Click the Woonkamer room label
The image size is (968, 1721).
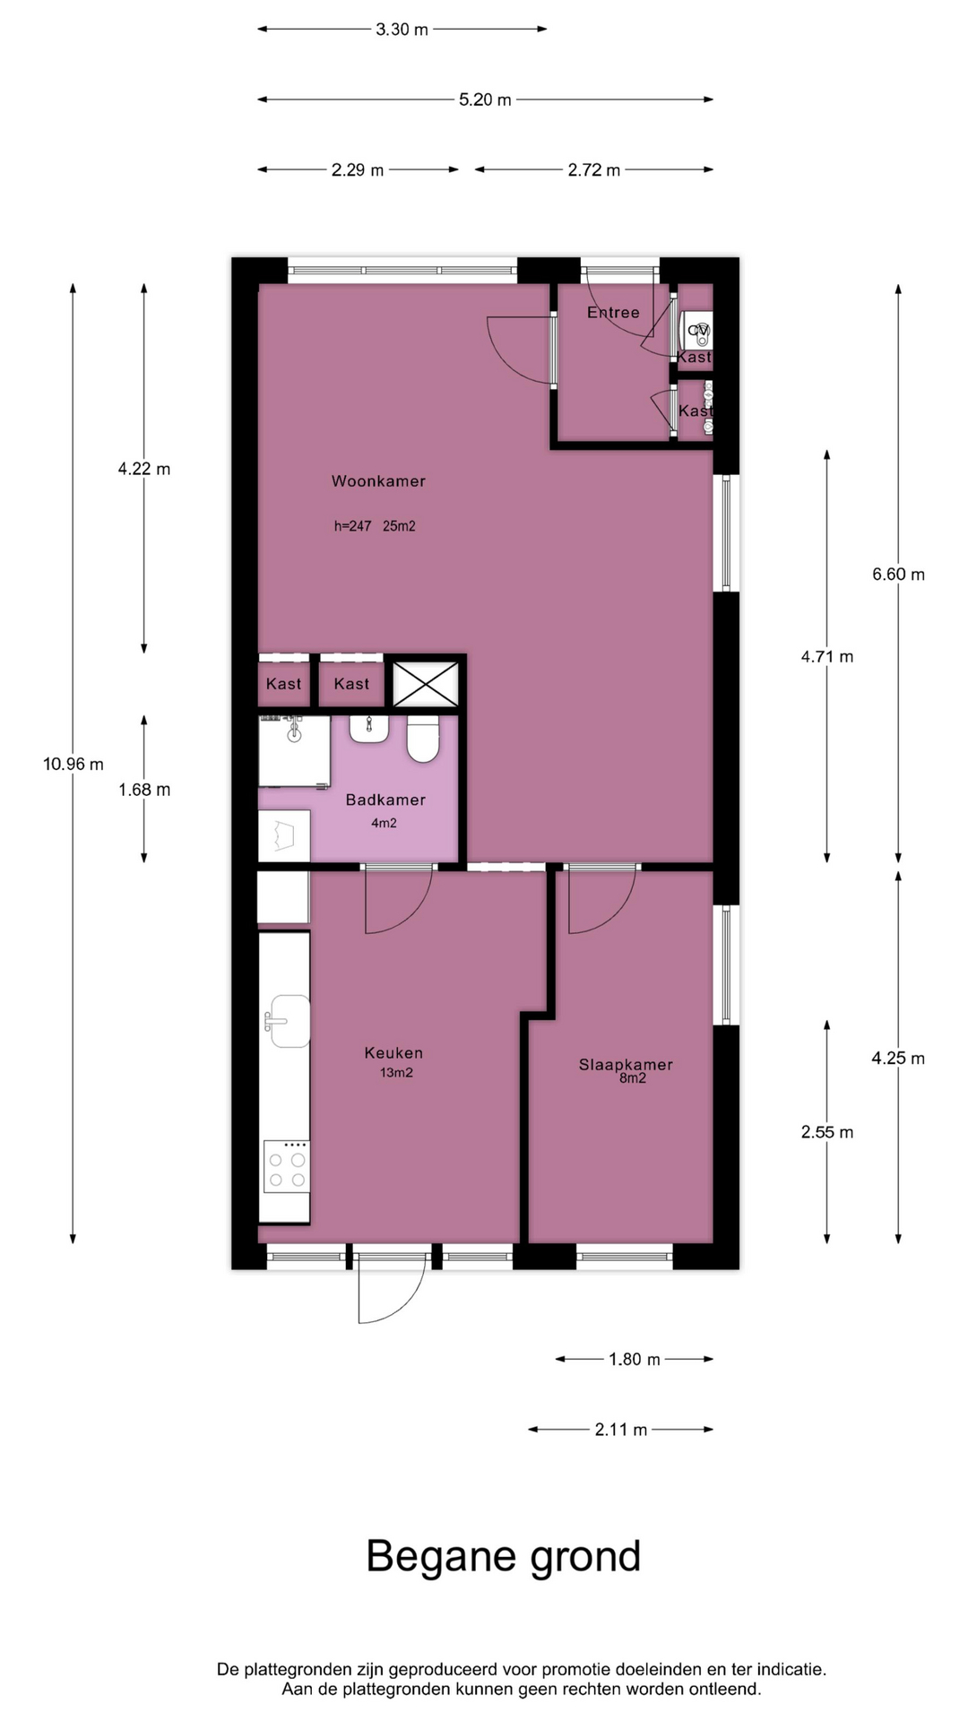coord(378,481)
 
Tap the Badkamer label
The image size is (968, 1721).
coord(385,800)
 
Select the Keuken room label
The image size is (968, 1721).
coord(393,1053)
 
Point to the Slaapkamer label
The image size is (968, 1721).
coord(626,1065)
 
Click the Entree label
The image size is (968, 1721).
coord(613,313)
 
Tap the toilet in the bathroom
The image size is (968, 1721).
coord(423,739)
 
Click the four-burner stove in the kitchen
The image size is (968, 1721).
coord(287,1167)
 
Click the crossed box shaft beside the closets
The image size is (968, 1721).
coord(426,685)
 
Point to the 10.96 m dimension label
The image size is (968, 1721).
coord(73,765)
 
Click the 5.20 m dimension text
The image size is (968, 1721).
coord(485,99)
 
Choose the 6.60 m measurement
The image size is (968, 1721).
coord(898,575)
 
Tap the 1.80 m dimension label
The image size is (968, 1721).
coord(635,1360)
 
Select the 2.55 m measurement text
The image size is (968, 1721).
coord(827,1132)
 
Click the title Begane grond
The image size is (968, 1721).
coord(504,1557)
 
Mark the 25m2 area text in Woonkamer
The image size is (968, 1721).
coord(399,526)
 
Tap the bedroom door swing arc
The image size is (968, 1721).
coord(602,901)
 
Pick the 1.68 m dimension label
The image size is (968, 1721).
coord(144,790)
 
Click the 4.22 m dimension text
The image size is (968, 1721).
coord(144,469)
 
